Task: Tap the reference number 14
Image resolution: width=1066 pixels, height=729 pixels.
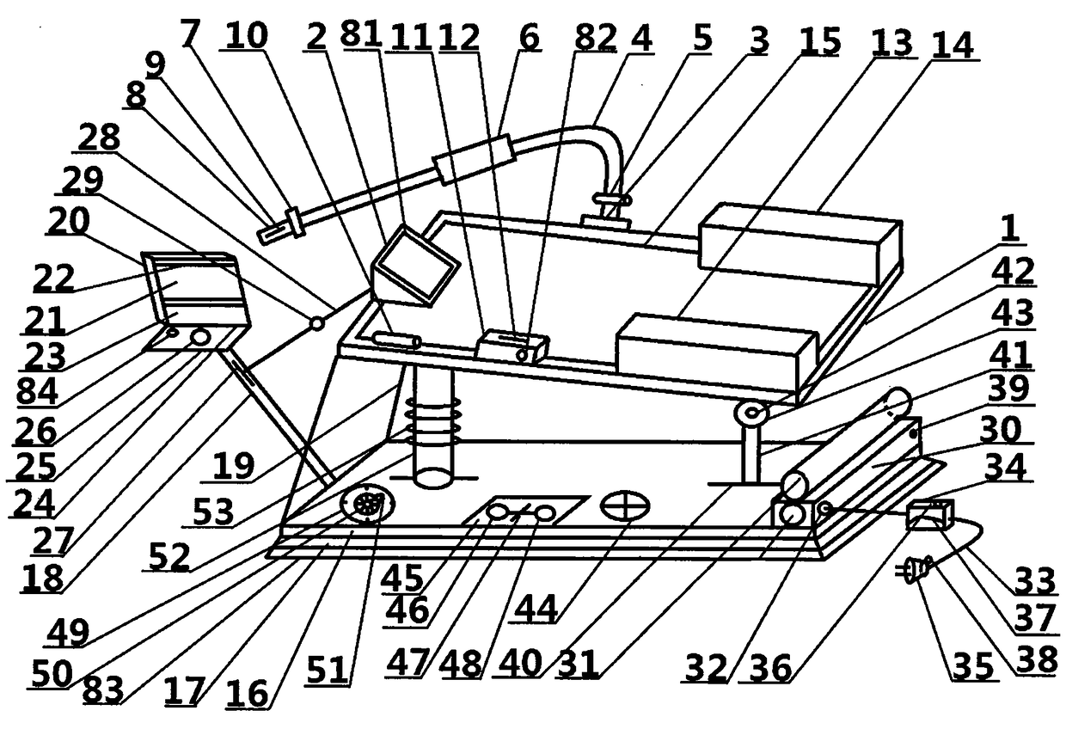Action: pos(953,45)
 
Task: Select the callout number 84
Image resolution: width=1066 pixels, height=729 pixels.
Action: pos(37,391)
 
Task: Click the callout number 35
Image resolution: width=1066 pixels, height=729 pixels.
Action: pos(973,665)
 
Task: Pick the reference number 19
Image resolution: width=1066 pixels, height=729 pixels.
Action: pos(233,465)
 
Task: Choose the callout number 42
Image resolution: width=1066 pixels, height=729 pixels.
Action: pos(1014,270)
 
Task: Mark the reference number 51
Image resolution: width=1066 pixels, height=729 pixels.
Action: pos(328,670)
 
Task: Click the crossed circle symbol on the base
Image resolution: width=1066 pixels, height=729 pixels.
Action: pos(625,505)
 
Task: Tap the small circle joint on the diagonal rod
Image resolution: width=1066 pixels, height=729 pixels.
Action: pos(317,323)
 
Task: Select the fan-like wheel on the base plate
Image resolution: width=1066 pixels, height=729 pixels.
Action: pos(368,503)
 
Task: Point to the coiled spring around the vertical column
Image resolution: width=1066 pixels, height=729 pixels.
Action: pos(432,421)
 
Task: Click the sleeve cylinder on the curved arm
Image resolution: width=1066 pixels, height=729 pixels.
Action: pos(475,159)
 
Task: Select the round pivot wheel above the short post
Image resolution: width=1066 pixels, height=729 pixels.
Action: pos(751,413)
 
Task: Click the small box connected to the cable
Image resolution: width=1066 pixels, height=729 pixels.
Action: pos(930,514)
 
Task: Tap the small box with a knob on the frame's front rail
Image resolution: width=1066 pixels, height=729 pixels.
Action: pos(513,348)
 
